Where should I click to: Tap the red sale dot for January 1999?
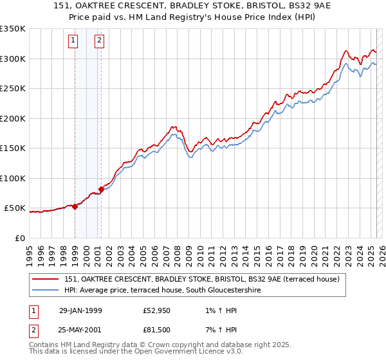[75, 206]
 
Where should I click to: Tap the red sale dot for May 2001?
[101, 189]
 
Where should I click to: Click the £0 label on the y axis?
[19, 238]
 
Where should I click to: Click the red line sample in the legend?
[46, 279]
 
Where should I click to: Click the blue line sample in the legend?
[46, 291]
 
